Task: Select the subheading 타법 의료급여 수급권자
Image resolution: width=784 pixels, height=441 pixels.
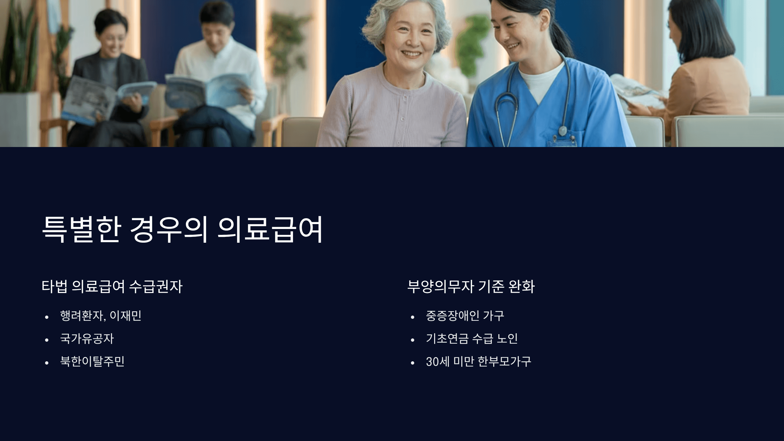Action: [112, 286]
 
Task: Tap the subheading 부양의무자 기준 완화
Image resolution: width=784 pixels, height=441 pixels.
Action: [471, 286]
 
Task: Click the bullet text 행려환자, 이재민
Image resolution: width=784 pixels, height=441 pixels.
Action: [101, 316]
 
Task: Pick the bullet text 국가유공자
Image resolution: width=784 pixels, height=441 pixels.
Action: [87, 338]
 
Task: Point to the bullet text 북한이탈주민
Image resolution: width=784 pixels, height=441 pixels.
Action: [92, 361]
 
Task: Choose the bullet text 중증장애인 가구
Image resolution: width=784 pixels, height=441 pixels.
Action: [465, 316]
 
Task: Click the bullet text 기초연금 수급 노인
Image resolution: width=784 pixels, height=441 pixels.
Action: [472, 338]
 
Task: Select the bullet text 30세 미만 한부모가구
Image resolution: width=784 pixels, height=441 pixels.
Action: [479, 361]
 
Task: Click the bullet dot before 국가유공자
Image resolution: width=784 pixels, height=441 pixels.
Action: [47, 340]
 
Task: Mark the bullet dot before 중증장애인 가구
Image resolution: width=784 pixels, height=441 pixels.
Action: [413, 317]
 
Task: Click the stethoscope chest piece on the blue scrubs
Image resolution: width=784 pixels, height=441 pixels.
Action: [563, 131]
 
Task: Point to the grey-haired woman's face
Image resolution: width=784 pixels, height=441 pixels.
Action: [410, 36]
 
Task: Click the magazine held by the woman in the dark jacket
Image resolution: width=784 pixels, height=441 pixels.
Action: [105, 96]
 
